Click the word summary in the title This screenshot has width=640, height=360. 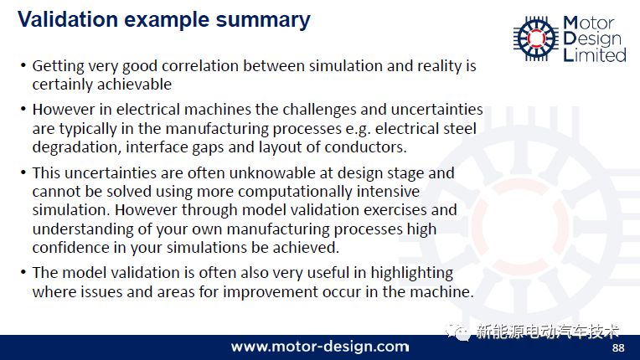(x=263, y=20)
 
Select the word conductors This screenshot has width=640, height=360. (x=365, y=147)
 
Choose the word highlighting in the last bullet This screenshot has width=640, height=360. (x=411, y=273)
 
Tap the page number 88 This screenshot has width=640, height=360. (x=618, y=347)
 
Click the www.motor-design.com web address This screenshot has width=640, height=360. (x=320, y=347)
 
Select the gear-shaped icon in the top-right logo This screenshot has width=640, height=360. (x=536, y=39)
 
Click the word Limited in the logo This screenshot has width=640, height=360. (x=595, y=54)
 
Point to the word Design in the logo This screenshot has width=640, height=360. (x=592, y=39)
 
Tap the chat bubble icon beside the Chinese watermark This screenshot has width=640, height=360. (x=459, y=332)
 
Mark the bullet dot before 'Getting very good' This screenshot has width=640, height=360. (x=23, y=65)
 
